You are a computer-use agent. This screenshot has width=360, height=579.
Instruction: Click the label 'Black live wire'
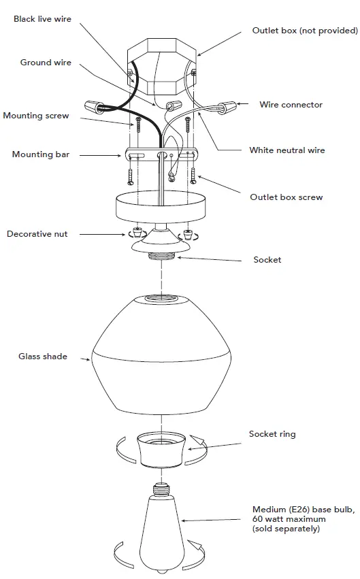[x=42, y=19]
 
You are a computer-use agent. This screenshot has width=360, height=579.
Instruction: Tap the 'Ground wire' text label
[x=46, y=63]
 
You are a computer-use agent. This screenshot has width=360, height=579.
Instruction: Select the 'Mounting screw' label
[x=36, y=116]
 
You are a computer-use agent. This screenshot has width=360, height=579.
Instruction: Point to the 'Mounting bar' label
[x=41, y=154]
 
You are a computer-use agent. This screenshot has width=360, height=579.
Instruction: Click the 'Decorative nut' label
[x=37, y=234]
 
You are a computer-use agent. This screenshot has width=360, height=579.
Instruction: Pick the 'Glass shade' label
[x=43, y=356]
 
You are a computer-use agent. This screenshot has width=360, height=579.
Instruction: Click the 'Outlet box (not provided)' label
[x=304, y=31]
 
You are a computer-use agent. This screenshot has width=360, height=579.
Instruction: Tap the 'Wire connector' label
[x=291, y=105]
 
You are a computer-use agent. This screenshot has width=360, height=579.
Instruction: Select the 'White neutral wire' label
[x=287, y=150]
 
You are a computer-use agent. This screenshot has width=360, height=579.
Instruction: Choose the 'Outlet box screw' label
[x=286, y=197]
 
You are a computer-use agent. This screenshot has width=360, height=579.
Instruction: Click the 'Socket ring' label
[x=272, y=434]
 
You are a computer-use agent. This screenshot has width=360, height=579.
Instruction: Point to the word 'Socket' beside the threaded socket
[x=267, y=260]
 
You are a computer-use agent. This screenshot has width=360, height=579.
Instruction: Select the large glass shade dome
[x=163, y=357]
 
